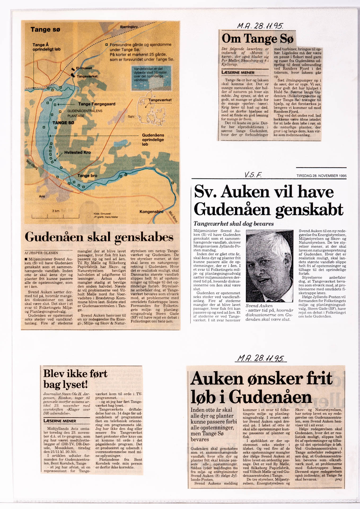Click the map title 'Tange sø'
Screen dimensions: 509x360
45,29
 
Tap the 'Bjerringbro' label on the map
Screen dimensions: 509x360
129,27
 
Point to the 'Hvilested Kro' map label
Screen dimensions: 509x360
77,152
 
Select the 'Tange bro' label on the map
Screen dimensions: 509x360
87,175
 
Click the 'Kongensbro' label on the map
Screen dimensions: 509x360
151,212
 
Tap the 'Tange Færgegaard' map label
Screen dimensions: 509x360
96,104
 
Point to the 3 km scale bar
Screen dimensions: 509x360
55,216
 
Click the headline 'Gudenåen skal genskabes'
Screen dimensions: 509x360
99,237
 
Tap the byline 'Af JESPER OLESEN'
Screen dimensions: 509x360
41,253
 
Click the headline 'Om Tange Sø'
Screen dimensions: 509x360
257,39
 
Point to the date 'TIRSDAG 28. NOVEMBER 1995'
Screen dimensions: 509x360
321,176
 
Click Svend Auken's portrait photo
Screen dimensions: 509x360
269,266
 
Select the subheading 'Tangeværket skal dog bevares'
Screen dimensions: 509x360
234,223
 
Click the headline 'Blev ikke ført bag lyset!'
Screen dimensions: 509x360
75,379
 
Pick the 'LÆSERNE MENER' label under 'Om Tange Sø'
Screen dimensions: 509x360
238,73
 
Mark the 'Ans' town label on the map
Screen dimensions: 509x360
42,196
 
